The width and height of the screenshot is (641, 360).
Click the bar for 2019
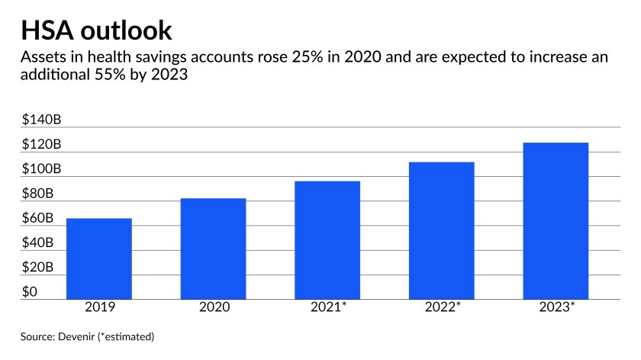pos(99,259)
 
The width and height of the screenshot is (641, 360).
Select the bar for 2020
pos(213,249)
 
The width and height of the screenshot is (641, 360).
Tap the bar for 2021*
pos(327,240)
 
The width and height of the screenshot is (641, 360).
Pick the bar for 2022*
pos(441,230)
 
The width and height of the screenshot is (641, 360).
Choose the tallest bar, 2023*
pos(556,221)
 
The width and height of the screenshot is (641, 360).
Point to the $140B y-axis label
pos(42,120)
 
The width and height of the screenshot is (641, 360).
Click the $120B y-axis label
pos(42,144)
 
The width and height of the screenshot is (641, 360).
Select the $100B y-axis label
pos(42,169)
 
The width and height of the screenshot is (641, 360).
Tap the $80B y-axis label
pos(38,194)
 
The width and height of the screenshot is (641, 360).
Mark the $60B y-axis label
pos(38,218)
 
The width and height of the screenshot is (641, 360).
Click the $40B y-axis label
pos(38,243)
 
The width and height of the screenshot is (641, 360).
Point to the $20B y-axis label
pos(38,267)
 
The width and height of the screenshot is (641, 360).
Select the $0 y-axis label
pos(31,291)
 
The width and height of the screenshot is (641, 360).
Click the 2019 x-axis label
pos(99,309)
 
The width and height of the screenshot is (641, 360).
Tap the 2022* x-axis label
pos(442,309)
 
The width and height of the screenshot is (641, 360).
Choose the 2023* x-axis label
pos(556,309)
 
